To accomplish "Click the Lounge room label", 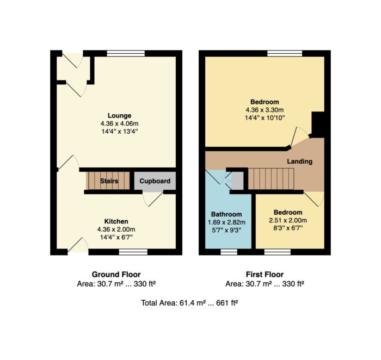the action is click(x=119, y=115).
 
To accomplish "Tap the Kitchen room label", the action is click(x=116, y=221).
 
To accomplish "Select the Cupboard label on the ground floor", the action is click(x=155, y=181).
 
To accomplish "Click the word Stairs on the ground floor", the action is click(x=109, y=181).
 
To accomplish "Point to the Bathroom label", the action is click(x=226, y=214).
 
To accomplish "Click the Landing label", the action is click(x=299, y=162).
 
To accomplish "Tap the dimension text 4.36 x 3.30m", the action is click(x=265, y=110).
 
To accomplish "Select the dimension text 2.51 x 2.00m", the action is click(x=288, y=220).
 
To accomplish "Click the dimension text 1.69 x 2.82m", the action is click(x=226, y=222).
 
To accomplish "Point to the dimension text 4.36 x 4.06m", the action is click(x=119, y=123).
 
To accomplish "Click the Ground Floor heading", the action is click(x=116, y=275).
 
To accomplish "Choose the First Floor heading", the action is click(x=265, y=275).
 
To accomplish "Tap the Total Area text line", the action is click(x=189, y=303).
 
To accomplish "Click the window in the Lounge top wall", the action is click(x=126, y=53).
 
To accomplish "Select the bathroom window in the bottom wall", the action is click(x=229, y=252).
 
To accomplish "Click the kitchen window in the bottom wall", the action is click(x=133, y=252).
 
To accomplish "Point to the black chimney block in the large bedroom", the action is click(x=318, y=125).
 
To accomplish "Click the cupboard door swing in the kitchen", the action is click(x=152, y=198).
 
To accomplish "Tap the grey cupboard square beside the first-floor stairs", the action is click(x=237, y=181).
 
